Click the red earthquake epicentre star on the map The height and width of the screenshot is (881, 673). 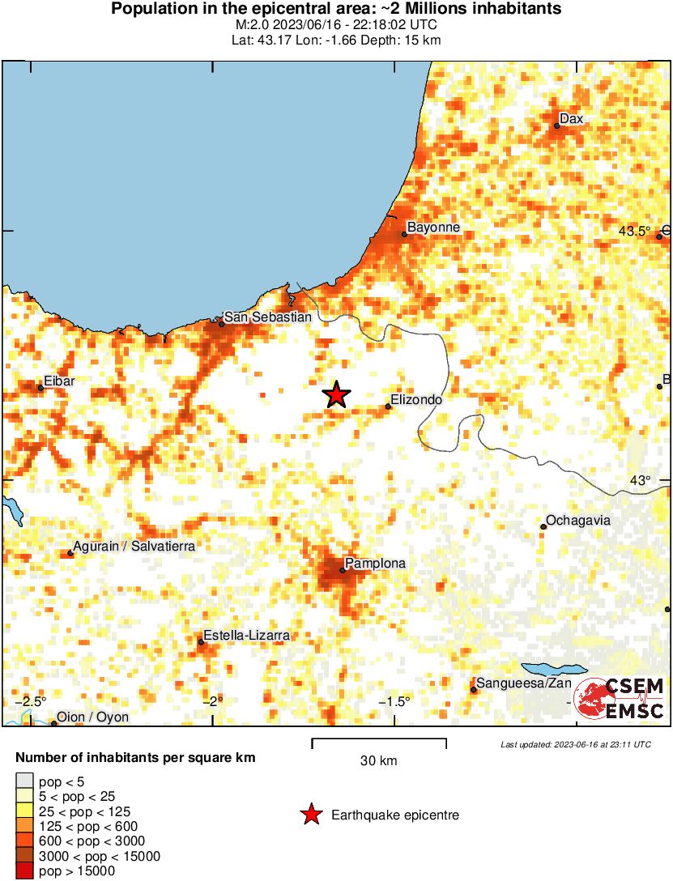point(336,394)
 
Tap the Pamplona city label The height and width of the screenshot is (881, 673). point(375,563)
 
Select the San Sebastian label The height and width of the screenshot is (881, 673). point(267,317)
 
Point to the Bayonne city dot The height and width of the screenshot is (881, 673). point(405,234)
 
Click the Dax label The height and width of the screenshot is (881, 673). point(572,119)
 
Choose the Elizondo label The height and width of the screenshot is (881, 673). point(416,399)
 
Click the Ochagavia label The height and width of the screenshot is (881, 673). point(578,521)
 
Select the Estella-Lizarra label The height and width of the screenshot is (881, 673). point(246,636)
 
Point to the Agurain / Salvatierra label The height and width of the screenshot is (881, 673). point(134,547)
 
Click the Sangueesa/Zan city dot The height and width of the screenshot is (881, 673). point(474,690)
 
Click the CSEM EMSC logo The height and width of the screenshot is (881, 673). point(620,698)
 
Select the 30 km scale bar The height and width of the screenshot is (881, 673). point(379,740)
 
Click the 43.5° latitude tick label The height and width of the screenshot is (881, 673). point(634,231)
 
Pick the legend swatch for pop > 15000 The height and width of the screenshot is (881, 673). point(24,871)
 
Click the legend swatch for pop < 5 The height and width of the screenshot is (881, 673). point(24,782)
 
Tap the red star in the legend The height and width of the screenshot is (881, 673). point(310,815)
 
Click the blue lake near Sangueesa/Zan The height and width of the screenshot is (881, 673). point(553,670)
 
